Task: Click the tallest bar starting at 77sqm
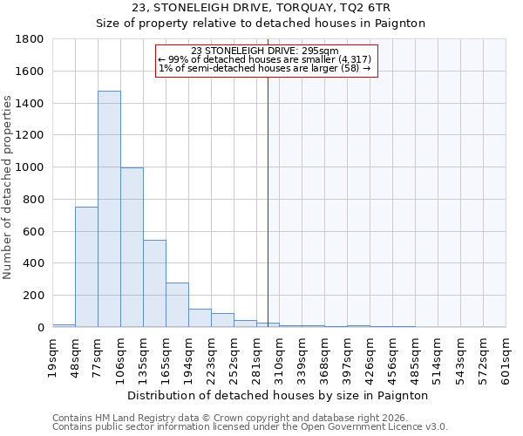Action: pos(109,209)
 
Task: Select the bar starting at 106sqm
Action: pos(132,248)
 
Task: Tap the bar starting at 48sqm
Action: pos(86,267)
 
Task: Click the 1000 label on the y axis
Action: pos(31,167)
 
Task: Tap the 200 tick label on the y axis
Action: pos(35,296)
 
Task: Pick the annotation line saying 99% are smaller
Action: pos(265,59)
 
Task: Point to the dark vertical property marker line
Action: pos(268,201)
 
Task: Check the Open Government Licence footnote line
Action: pos(250,427)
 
